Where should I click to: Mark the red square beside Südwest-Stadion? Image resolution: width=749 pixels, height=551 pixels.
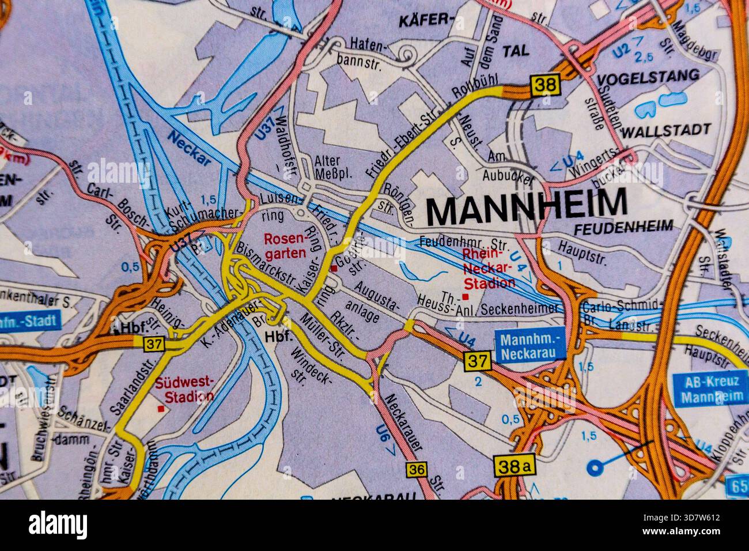click(x=161, y=409)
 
